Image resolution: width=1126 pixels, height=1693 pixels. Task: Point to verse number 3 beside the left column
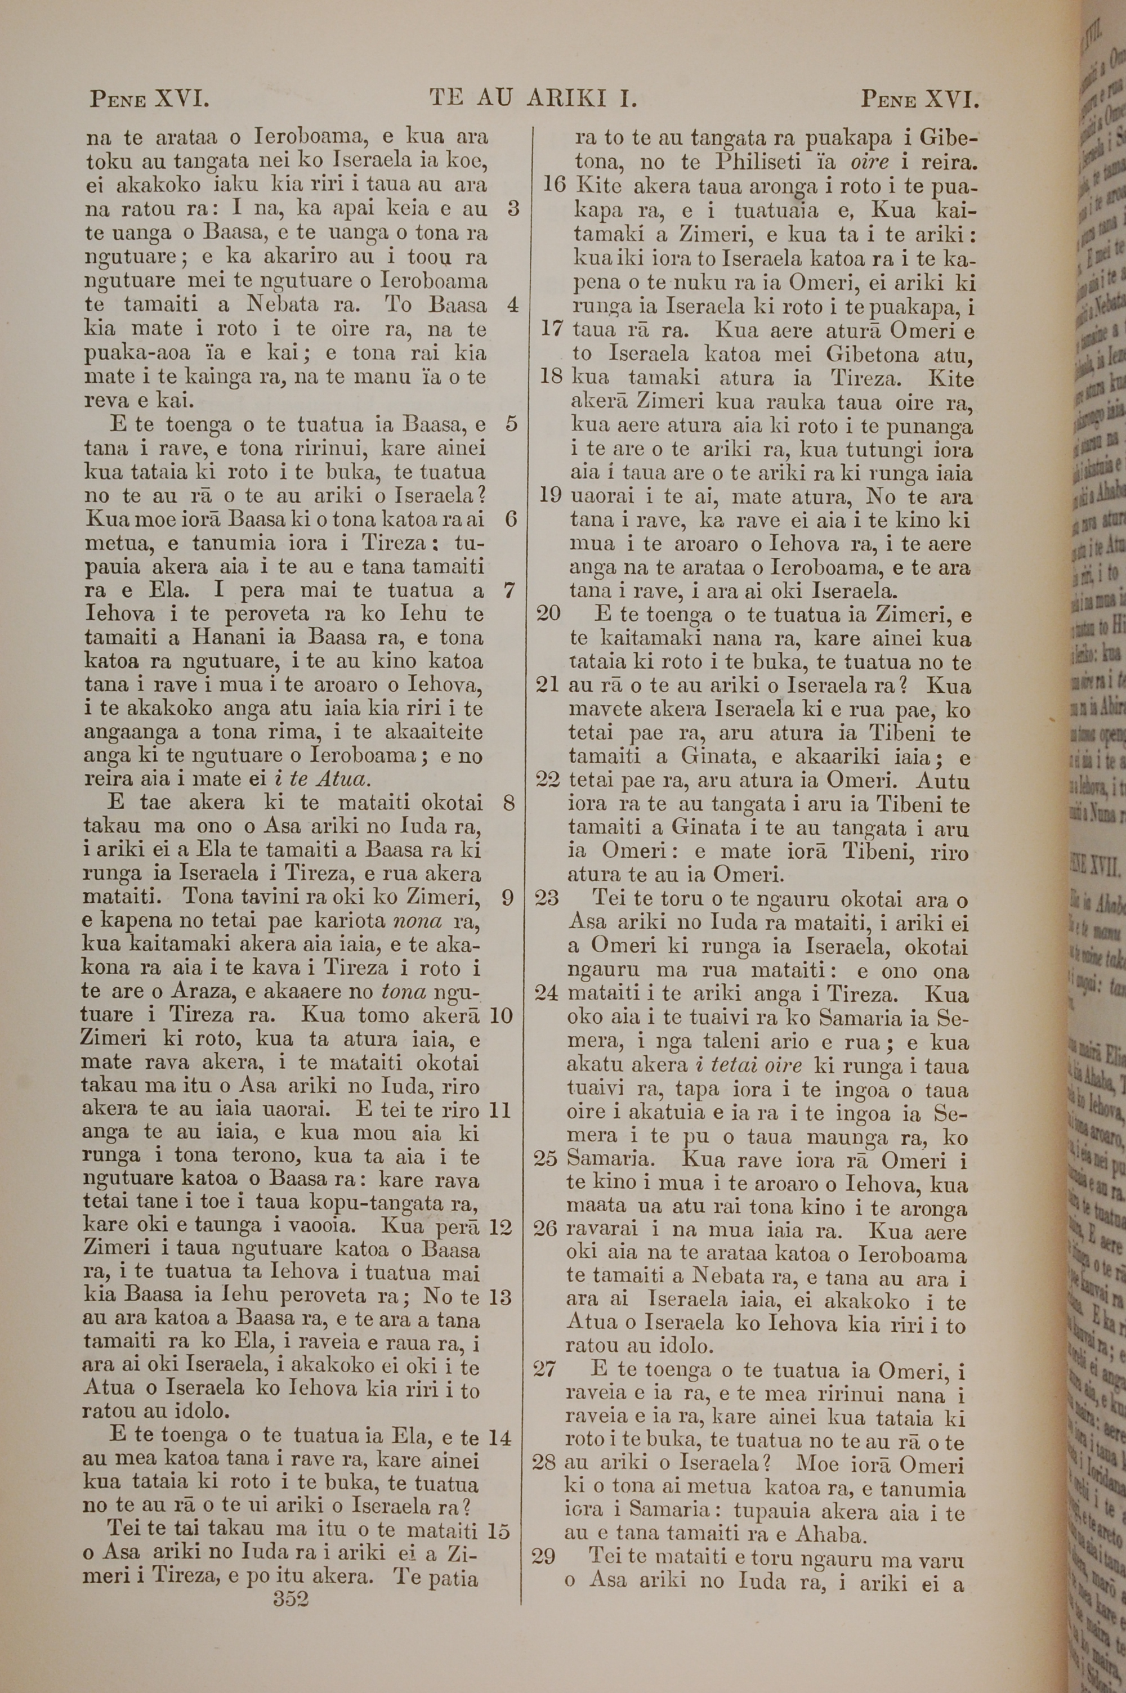[513, 208]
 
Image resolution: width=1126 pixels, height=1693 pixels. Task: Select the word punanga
[931, 427]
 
